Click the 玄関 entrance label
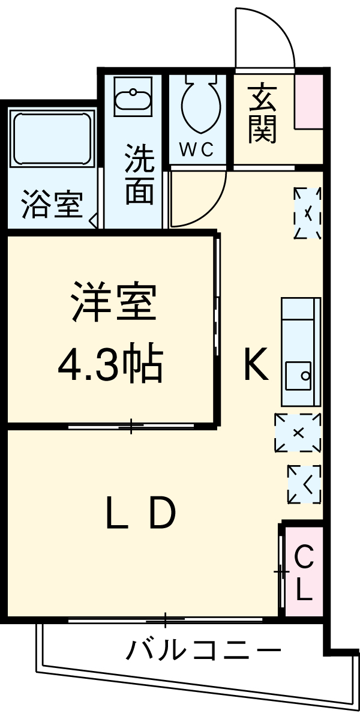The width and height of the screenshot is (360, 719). [x=262, y=114]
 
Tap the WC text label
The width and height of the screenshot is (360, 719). [x=196, y=150]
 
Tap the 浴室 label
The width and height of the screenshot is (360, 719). [x=51, y=205]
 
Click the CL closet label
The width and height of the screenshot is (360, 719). [x=304, y=574]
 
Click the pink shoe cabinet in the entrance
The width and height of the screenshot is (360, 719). [x=308, y=101]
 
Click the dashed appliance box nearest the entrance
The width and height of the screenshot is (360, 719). [x=307, y=214]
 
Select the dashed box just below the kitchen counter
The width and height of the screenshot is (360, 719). [x=298, y=432]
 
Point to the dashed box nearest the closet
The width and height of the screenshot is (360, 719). [x=304, y=484]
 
